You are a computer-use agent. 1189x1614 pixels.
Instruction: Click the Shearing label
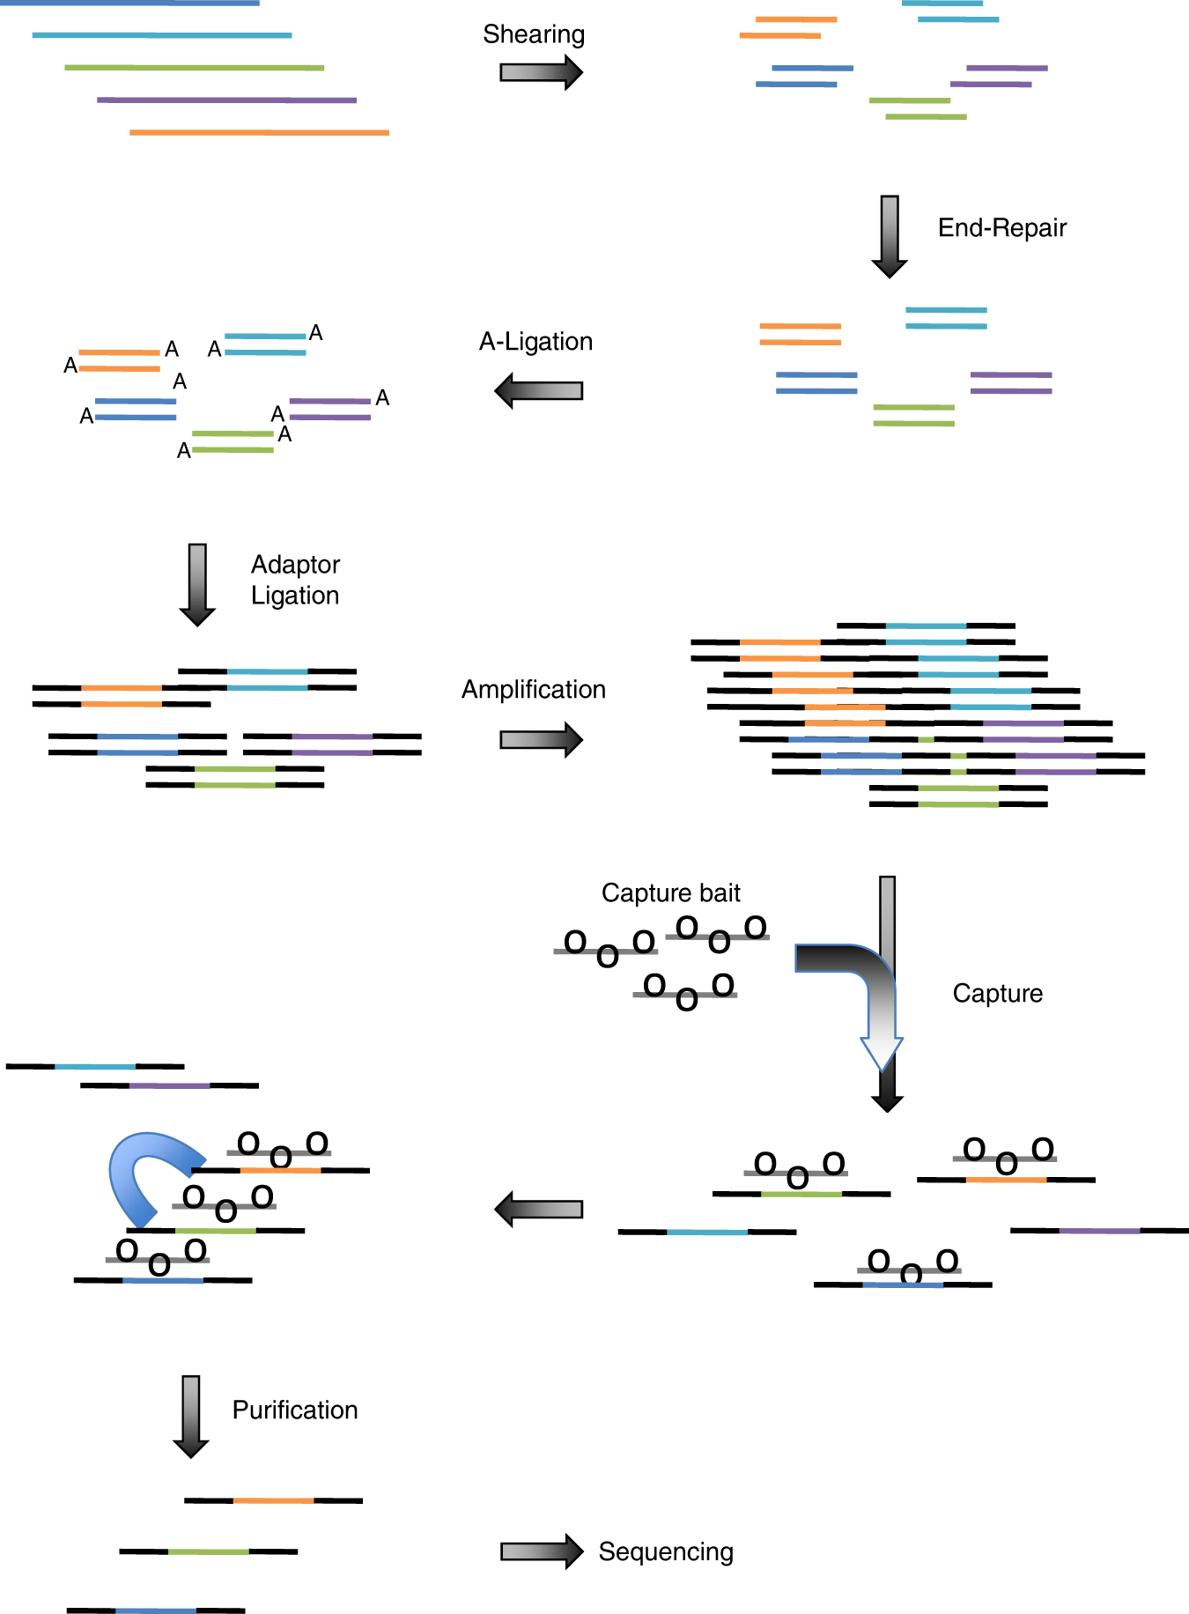click(534, 34)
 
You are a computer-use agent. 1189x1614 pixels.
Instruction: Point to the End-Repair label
click(1001, 228)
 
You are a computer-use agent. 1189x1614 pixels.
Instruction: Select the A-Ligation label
click(535, 342)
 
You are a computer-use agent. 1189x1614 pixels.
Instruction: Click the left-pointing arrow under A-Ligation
click(539, 390)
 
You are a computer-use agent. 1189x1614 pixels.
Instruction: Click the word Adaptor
click(295, 565)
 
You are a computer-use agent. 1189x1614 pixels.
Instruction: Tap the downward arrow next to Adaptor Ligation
click(197, 584)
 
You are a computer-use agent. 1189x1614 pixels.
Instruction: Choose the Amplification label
click(534, 690)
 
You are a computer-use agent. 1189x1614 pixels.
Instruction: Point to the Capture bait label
click(670, 893)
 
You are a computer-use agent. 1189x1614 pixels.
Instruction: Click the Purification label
click(295, 1410)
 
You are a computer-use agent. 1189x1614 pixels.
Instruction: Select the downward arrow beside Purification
click(191, 1416)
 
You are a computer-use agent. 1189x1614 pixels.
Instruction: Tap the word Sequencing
click(666, 1551)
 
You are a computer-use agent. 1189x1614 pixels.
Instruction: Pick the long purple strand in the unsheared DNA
click(226, 100)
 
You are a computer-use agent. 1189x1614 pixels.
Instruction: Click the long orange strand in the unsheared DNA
click(259, 133)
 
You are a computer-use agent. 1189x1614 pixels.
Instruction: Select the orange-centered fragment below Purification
click(273, 1500)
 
